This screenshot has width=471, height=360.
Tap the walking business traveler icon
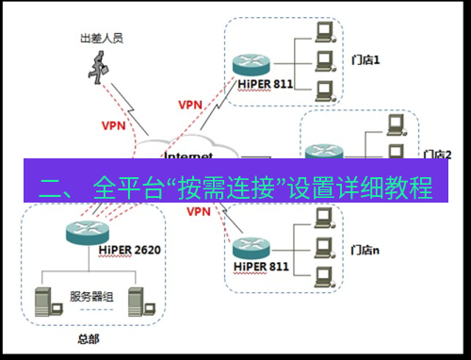(97, 65)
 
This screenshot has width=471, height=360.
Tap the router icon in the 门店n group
(251, 246)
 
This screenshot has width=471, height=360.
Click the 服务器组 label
(90, 298)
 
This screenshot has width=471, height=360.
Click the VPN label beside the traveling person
(113, 123)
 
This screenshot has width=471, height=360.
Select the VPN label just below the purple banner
(198, 213)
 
